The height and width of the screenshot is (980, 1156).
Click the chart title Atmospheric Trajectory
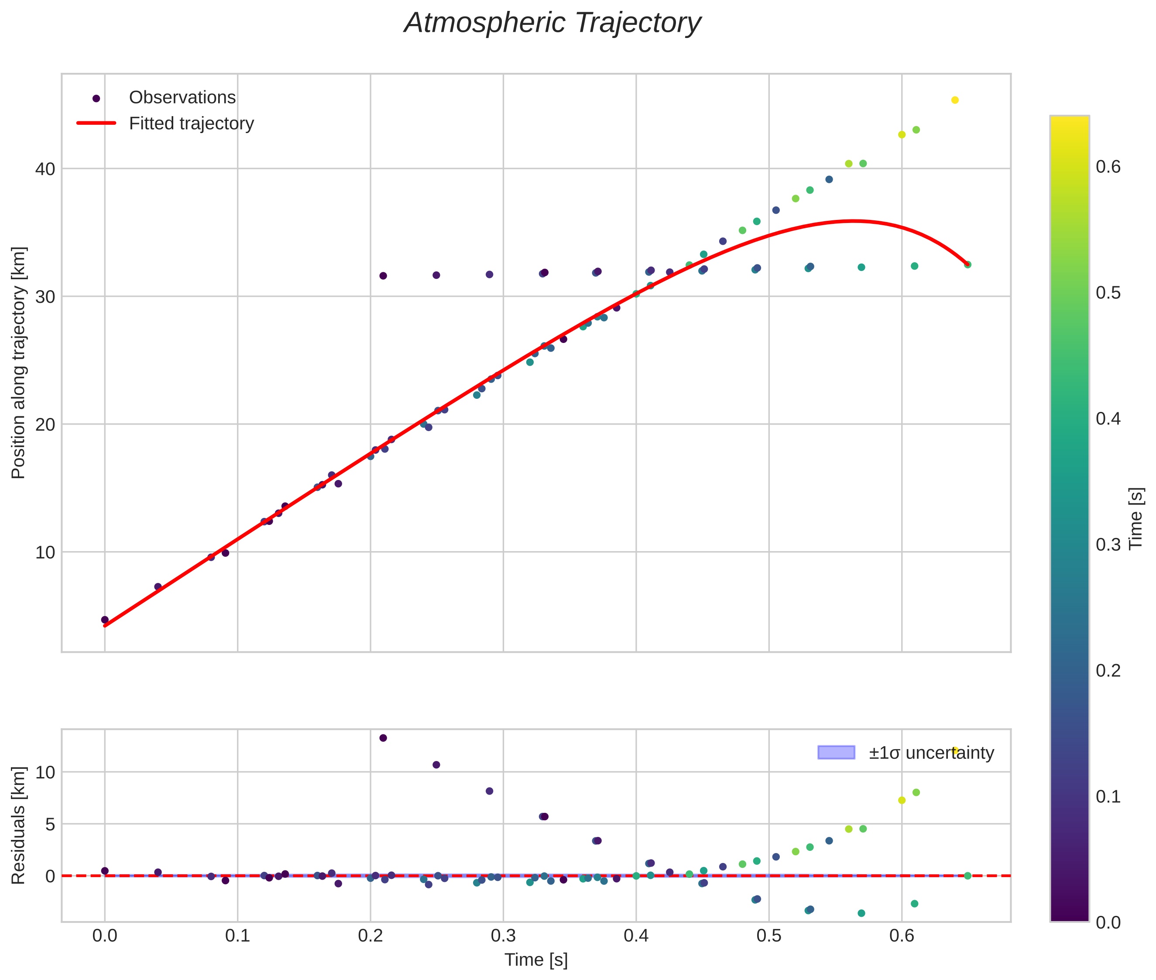coord(552,23)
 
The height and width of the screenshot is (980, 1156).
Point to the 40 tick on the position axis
coord(45,169)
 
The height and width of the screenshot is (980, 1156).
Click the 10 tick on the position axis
coord(45,552)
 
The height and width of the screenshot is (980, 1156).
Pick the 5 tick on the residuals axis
coord(50,824)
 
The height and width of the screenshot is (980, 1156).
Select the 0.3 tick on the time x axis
coord(503,935)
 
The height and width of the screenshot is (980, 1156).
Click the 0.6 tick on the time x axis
coord(902,935)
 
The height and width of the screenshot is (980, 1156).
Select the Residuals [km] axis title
coord(18,825)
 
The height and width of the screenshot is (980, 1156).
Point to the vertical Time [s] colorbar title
coord(1136,518)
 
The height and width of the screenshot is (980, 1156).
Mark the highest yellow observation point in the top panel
coord(955,100)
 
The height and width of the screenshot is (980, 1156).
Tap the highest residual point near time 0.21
coord(383,738)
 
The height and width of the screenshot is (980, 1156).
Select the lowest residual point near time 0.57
coord(861,913)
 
